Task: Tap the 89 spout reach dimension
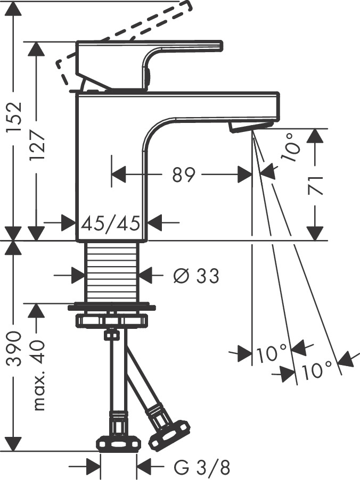(x=183, y=175)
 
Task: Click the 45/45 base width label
(x=110, y=221)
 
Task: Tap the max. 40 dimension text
(x=39, y=376)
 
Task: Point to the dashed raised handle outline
(x=122, y=32)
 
